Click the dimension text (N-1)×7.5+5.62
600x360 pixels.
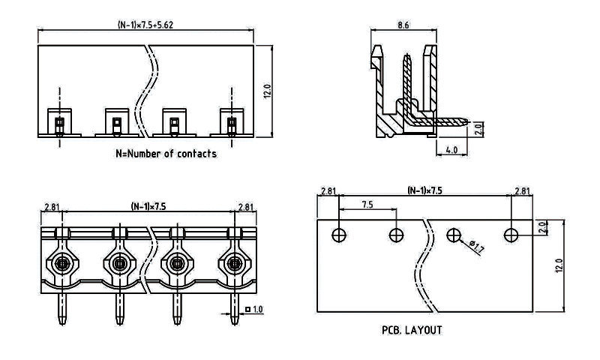[146, 24]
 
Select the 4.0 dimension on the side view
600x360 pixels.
[451, 149]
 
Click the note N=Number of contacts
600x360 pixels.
[166, 154]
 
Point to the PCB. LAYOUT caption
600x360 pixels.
[412, 329]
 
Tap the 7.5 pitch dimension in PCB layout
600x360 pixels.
[367, 204]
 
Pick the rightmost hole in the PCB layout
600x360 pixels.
[511, 235]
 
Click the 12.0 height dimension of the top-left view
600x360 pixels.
[268, 91]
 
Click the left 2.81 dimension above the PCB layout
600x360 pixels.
[328, 192]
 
